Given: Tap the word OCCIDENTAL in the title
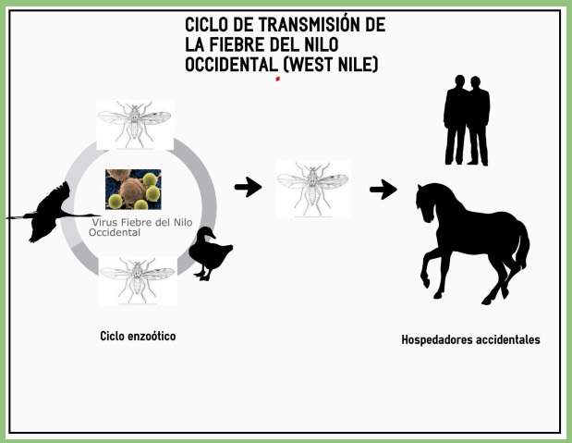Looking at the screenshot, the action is pos(231,65).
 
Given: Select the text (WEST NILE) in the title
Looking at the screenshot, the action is pos(331,65).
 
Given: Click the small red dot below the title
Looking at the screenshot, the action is pos(277,79).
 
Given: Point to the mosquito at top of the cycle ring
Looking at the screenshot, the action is pos(135,125).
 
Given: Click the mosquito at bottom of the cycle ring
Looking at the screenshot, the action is pos(138,281).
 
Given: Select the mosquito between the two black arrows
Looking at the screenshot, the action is pos(313,189).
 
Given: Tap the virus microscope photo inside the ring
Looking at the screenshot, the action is pos(133,190).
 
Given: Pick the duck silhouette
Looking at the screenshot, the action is pos(211,253).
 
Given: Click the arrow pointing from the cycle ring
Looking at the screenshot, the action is pos(248,187).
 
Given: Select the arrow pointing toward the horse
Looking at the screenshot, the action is pos(383,190).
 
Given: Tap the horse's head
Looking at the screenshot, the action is pos(425,203).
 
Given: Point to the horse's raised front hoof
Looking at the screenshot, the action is pos(425,282).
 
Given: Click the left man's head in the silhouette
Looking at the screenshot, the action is pos(459,81).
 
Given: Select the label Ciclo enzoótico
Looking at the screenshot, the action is pos(138,336).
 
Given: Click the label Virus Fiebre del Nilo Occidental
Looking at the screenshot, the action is pos(140,228).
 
